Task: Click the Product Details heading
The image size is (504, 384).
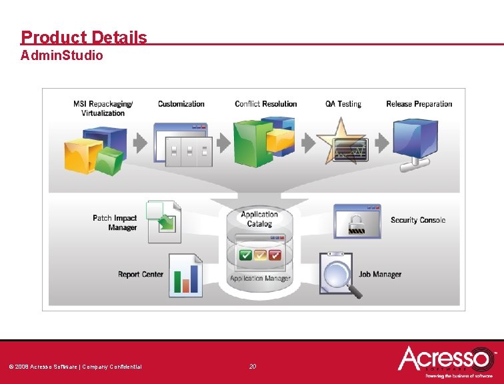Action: (84, 37)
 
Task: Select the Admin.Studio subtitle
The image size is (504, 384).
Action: (62, 56)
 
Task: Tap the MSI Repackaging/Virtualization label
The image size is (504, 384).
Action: (103, 108)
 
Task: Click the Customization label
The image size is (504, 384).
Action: (181, 104)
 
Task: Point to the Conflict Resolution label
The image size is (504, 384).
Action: (266, 104)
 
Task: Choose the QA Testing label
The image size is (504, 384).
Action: (343, 104)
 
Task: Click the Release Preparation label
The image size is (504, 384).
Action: (419, 104)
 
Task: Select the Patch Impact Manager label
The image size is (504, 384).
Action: (115, 223)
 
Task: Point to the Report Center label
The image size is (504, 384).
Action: (141, 275)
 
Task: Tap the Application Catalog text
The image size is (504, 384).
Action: (259, 219)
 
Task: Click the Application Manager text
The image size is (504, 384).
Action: (260, 278)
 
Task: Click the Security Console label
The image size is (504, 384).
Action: (418, 220)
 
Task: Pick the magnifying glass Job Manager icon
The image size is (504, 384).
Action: (341, 274)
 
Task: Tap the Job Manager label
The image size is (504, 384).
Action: (380, 274)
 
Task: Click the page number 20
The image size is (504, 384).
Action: (253, 366)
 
